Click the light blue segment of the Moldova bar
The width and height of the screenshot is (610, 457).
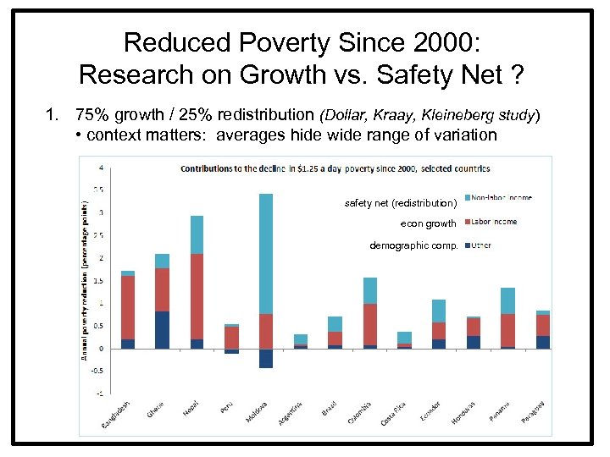click(x=266, y=254)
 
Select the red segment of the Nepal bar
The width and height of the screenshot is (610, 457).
click(x=197, y=296)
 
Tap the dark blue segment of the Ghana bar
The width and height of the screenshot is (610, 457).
click(x=162, y=330)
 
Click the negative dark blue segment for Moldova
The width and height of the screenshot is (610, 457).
click(x=266, y=358)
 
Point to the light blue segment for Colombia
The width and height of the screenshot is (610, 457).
click(x=370, y=290)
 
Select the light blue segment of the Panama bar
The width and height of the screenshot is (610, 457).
click(x=508, y=300)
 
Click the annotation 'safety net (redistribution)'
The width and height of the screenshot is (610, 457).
click(x=401, y=203)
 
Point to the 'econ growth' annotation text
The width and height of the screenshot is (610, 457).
click(x=428, y=224)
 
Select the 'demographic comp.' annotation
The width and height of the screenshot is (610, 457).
click(x=413, y=245)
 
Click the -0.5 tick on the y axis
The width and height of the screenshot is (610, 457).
click(x=99, y=371)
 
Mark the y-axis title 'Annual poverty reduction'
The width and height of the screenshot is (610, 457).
click(x=85, y=279)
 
